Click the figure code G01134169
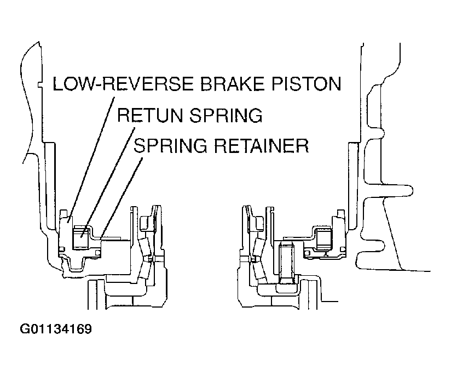point(56,329)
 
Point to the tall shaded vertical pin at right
point(286,263)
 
